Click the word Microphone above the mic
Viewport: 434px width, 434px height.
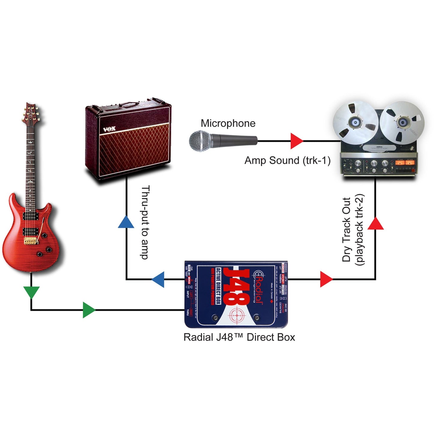coord(228,123)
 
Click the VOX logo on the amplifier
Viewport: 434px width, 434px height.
coord(109,129)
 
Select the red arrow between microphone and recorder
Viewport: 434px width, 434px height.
coord(296,141)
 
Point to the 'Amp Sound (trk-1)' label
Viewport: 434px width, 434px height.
coord(287,160)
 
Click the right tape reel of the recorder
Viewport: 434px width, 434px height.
coord(402,123)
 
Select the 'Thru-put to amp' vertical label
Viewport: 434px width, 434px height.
coord(145,222)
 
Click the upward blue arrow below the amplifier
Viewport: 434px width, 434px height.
coord(126,222)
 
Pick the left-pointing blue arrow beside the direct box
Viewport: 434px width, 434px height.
coord(158,279)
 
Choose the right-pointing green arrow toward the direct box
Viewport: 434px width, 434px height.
coord(89,310)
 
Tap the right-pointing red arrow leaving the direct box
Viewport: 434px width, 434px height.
coord(326,279)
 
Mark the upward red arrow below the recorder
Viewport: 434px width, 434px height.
coord(375,224)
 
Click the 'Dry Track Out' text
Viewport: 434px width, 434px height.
coord(347,229)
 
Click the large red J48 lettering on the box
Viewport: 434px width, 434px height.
coord(237,287)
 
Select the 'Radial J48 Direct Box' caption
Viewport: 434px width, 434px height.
coord(239,337)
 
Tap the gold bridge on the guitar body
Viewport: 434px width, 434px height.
coord(30,241)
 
